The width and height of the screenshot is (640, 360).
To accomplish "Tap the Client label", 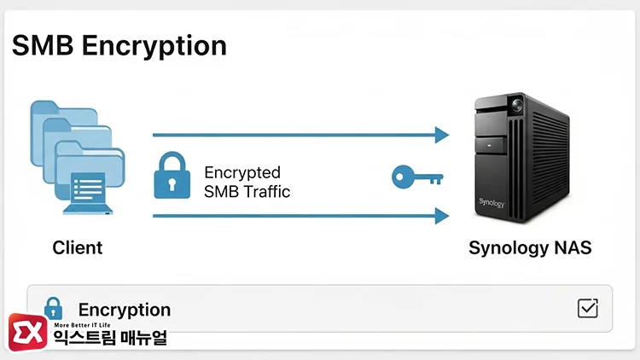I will tap(77, 248).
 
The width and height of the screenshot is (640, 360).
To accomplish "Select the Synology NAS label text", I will tap(530, 248).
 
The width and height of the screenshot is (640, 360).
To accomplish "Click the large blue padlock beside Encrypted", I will tap(172, 177).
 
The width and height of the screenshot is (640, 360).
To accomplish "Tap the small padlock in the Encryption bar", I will tap(53, 308).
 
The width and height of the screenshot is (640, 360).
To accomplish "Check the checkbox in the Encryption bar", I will tap(588, 308).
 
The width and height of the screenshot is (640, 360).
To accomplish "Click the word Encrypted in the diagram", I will tap(242, 173).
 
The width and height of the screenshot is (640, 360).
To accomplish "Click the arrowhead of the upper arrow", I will tap(441, 135).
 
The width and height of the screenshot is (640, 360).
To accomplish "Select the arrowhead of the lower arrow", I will tap(441, 216).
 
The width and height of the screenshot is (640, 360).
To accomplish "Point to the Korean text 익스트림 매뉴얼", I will tap(110, 339).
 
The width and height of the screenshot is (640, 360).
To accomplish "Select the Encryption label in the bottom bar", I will tap(125, 311).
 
